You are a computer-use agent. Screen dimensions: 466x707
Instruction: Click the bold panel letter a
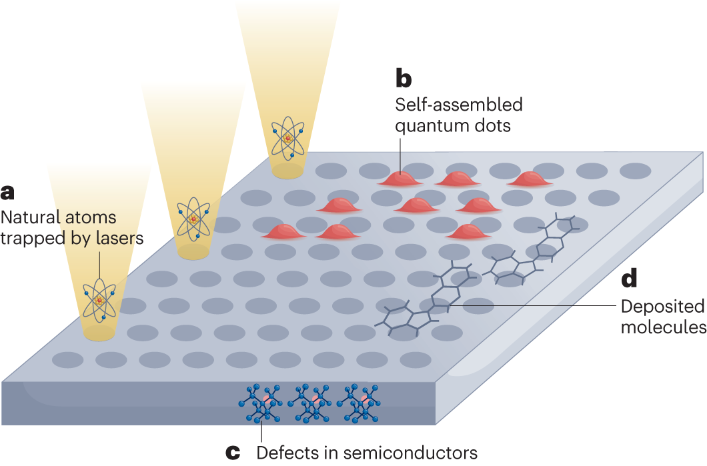[x=7, y=193]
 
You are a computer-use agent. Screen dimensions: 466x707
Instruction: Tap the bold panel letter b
[x=404, y=79]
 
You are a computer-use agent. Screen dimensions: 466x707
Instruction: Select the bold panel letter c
[x=233, y=453]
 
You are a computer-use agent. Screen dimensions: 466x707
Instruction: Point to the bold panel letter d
[x=630, y=279]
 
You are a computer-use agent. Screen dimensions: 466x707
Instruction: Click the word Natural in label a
[x=29, y=217]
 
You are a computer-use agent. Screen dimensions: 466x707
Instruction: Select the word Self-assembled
[x=458, y=105]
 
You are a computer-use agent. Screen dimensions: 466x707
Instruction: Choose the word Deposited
[x=662, y=307]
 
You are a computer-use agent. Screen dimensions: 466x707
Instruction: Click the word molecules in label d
[x=663, y=327]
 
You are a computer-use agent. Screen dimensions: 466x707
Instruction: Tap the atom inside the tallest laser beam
[x=287, y=137]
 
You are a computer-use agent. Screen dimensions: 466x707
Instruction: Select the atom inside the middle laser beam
[x=193, y=217]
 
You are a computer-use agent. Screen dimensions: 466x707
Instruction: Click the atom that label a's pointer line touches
[x=99, y=300]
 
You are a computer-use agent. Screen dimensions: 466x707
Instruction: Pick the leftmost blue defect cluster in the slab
[x=259, y=403]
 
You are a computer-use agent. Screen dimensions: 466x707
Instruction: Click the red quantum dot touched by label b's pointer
[x=400, y=178]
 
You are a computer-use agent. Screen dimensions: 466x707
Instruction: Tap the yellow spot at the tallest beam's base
[x=287, y=171]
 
